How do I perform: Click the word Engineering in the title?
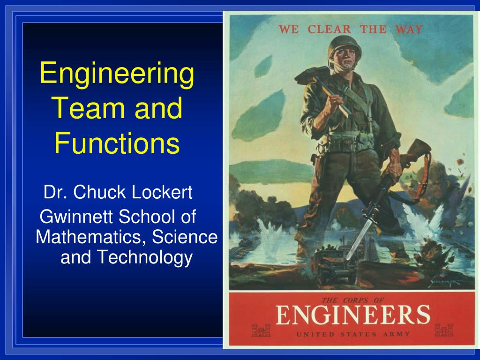point(116,74)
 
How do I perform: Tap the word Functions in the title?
point(116,143)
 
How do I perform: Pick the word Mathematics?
point(88,237)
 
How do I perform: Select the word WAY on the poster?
point(408,29)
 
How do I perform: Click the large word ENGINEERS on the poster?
point(352,315)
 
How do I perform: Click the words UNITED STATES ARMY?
point(352,334)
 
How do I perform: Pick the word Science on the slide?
point(190,237)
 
